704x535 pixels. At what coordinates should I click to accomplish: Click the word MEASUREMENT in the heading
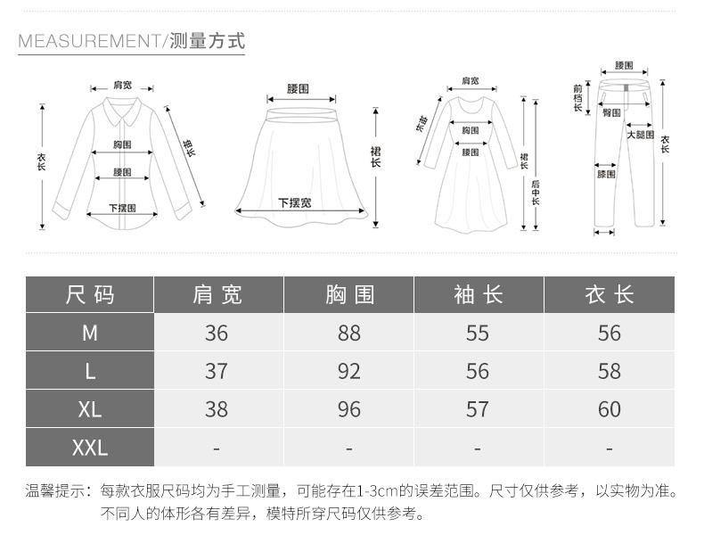pyautogui.click(x=87, y=41)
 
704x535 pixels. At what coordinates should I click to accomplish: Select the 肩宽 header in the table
pyautogui.click(x=217, y=294)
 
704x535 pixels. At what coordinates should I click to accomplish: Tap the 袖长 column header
pyautogui.click(x=478, y=294)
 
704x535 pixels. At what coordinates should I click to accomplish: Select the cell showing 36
pyautogui.click(x=217, y=333)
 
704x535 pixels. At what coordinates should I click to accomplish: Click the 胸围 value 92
pyautogui.click(x=349, y=370)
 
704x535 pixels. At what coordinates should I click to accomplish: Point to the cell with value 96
pyautogui.click(x=349, y=408)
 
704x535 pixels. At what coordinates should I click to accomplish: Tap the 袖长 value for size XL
pyautogui.click(x=478, y=408)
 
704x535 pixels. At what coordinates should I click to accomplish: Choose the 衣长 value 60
pyautogui.click(x=610, y=408)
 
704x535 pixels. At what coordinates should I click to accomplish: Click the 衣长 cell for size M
pyautogui.click(x=610, y=333)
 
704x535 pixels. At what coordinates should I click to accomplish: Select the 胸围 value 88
pyautogui.click(x=349, y=333)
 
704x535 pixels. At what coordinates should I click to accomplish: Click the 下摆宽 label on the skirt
pyautogui.click(x=294, y=202)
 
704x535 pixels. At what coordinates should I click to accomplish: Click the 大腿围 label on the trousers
pyautogui.click(x=640, y=135)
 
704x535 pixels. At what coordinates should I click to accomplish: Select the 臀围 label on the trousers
pyautogui.click(x=611, y=113)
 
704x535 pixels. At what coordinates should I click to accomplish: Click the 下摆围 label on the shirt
pyautogui.click(x=122, y=208)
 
